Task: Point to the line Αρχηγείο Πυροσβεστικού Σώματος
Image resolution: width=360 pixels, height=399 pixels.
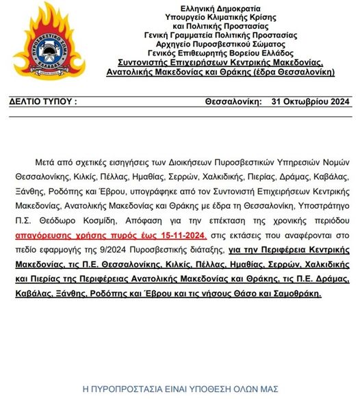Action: [x=220, y=41]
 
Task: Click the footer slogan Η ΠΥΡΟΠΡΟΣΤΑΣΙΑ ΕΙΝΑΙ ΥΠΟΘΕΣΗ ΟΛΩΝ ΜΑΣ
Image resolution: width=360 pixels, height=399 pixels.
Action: [x=180, y=388]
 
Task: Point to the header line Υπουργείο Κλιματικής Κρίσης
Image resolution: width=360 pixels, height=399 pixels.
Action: [x=220, y=16]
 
